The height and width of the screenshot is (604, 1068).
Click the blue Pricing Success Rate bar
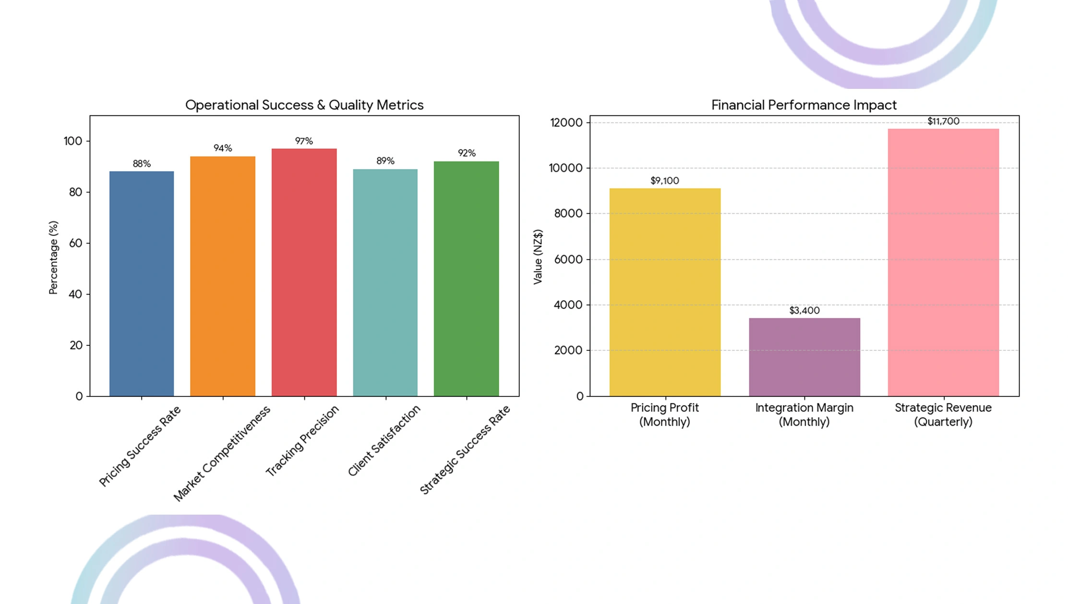[142, 284]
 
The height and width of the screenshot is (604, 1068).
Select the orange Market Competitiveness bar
[223, 276]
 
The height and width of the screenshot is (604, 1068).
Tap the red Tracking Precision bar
[304, 272]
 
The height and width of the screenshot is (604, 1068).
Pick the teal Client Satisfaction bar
[385, 283]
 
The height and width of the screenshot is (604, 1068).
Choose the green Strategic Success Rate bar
[466, 279]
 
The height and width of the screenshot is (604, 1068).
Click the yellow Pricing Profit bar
[665, 292]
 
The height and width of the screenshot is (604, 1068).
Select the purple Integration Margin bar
[804, 357]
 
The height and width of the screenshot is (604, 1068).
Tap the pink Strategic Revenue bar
[943, 262]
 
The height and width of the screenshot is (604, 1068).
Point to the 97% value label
[304, 141]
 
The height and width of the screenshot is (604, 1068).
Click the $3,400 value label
[804, 310]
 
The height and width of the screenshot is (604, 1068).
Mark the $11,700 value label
[943, 121]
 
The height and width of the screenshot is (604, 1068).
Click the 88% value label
[142, 163]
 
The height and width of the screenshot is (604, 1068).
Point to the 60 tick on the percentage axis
[76, 243]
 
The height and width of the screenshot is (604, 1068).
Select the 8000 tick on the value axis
[568, 213]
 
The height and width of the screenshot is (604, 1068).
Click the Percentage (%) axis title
[53, 257]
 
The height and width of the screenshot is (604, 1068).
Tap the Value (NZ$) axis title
[538, 257]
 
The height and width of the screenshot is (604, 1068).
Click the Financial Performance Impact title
[804, 105]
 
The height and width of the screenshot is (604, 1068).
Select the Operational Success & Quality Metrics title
[304, 105]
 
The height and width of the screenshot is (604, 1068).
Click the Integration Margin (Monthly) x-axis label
[804, 415]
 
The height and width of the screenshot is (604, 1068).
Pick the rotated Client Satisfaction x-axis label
[384, 441]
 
